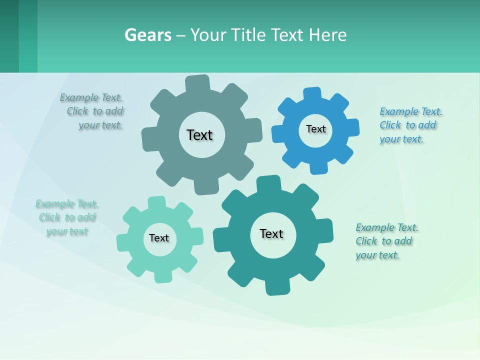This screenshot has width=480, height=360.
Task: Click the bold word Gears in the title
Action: click(148, 35)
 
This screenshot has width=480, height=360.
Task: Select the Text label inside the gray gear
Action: click(199, 135)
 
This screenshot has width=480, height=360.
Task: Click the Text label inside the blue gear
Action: click(315, 129)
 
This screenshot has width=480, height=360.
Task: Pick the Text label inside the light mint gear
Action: click(159, 238)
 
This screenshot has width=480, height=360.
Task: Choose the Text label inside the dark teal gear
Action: click(271, 233)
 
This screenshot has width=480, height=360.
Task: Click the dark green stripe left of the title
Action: click(9, 36)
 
